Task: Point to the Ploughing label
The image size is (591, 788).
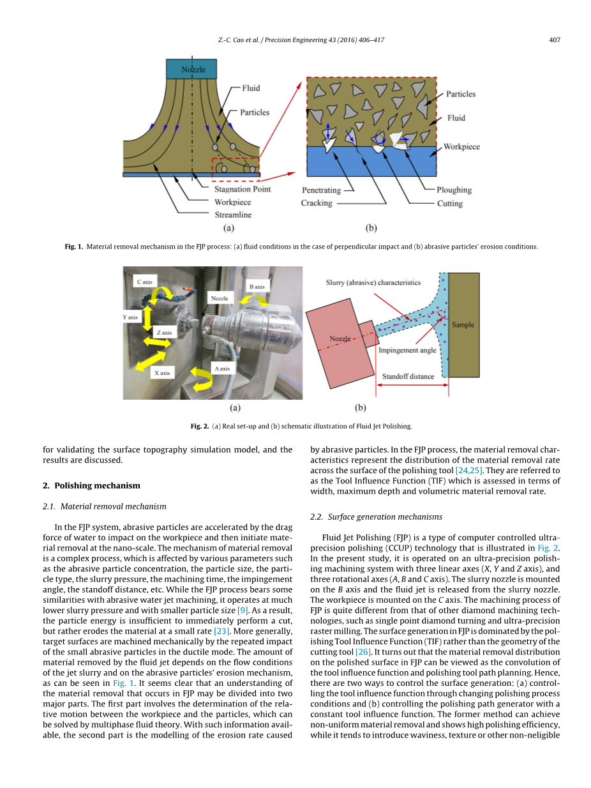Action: pyautogui.click(x=454, y=190)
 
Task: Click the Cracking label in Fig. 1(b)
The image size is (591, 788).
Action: pyautogui.click(x=317, y=203)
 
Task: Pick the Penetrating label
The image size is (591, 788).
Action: pyautogui.click(x=321, y=190)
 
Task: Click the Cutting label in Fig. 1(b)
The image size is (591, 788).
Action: pyautogui.click(x=449, y=203)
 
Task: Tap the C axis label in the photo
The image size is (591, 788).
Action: pyautogui.click(x=144, y=282)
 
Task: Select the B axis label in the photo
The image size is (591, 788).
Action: pyautogui.click(x=257, y=287)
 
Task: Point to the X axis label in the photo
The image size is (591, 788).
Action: pyautogui.click(x=161, y=372)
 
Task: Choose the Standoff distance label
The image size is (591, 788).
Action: pyautogui.click(x=408, y=376)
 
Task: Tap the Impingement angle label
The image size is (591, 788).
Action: pyautogui.click(x=407, y=350)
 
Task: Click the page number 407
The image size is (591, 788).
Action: pyautogui.click(x=554, y=40)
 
